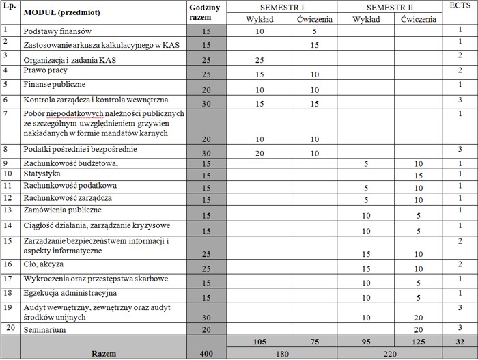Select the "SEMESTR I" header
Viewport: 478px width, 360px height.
(281, 6)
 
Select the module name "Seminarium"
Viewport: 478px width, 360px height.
(46, 330)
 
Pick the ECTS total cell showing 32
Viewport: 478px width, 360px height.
(461, 341)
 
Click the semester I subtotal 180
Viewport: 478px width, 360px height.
(281, 353)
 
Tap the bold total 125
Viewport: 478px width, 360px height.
(417, 341)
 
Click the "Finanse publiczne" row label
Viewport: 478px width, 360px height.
(54, 85)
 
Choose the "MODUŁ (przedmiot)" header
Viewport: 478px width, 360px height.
(62, 13)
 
